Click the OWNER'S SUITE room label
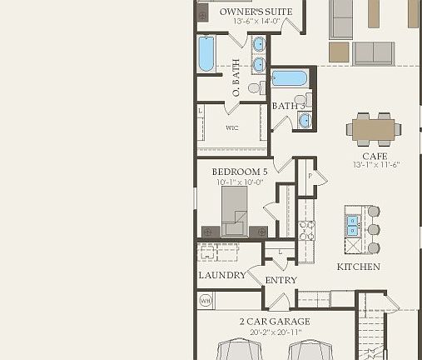click(x=256, y=12)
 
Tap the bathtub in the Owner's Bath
click(x=206, y=53)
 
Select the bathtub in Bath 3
click(x=289, y=79)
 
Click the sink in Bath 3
click(x=305, y=120)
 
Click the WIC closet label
click(x=232, y=127)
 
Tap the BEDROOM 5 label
click(x=240, y=172)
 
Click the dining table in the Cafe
click(x=374, y=128)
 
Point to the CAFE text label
click(x=375, y=156)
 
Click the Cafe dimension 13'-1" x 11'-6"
click(x=375, y=165)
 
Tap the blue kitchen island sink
click(x=353, y=225)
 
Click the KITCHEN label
click(x=358, y=267)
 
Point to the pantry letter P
click(x=310, y=177)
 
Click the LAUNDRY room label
click(x=222, y=275)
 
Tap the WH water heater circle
click(x=204, y=300)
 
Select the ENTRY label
click(x=281, y=280)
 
